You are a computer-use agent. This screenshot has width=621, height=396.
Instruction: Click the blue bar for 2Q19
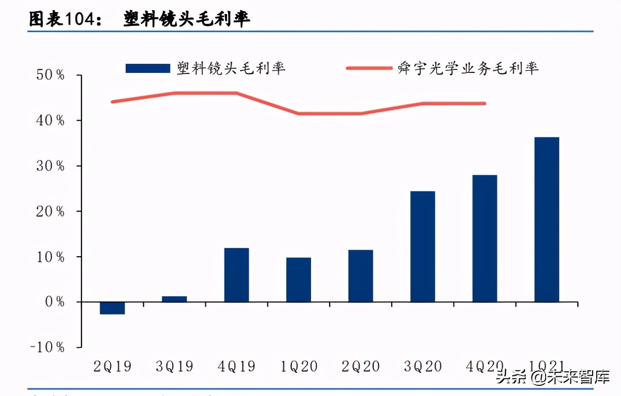112,308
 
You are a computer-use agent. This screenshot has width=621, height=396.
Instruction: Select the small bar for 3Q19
174,299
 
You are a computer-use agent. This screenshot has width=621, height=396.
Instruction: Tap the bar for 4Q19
237,275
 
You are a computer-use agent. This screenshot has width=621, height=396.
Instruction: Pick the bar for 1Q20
298,280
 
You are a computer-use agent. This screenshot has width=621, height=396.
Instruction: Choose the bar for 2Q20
361,276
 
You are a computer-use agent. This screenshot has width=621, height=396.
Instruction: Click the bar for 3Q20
422,247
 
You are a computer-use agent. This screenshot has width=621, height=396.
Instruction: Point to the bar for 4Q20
485,239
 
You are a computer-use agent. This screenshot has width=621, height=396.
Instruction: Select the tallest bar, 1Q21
547,220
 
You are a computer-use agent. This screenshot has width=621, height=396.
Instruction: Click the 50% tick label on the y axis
50,75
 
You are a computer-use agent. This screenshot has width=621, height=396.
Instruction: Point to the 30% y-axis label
50,166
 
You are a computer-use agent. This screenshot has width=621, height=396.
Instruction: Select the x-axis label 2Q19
112,367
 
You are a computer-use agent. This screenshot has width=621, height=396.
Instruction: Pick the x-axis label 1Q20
298,367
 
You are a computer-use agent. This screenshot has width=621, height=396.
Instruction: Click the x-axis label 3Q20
422,367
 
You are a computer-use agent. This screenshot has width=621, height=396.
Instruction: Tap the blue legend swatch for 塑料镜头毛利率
148,68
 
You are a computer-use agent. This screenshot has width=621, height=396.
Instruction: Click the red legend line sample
369,68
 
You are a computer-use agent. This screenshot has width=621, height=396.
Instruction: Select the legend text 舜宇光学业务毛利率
468,68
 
